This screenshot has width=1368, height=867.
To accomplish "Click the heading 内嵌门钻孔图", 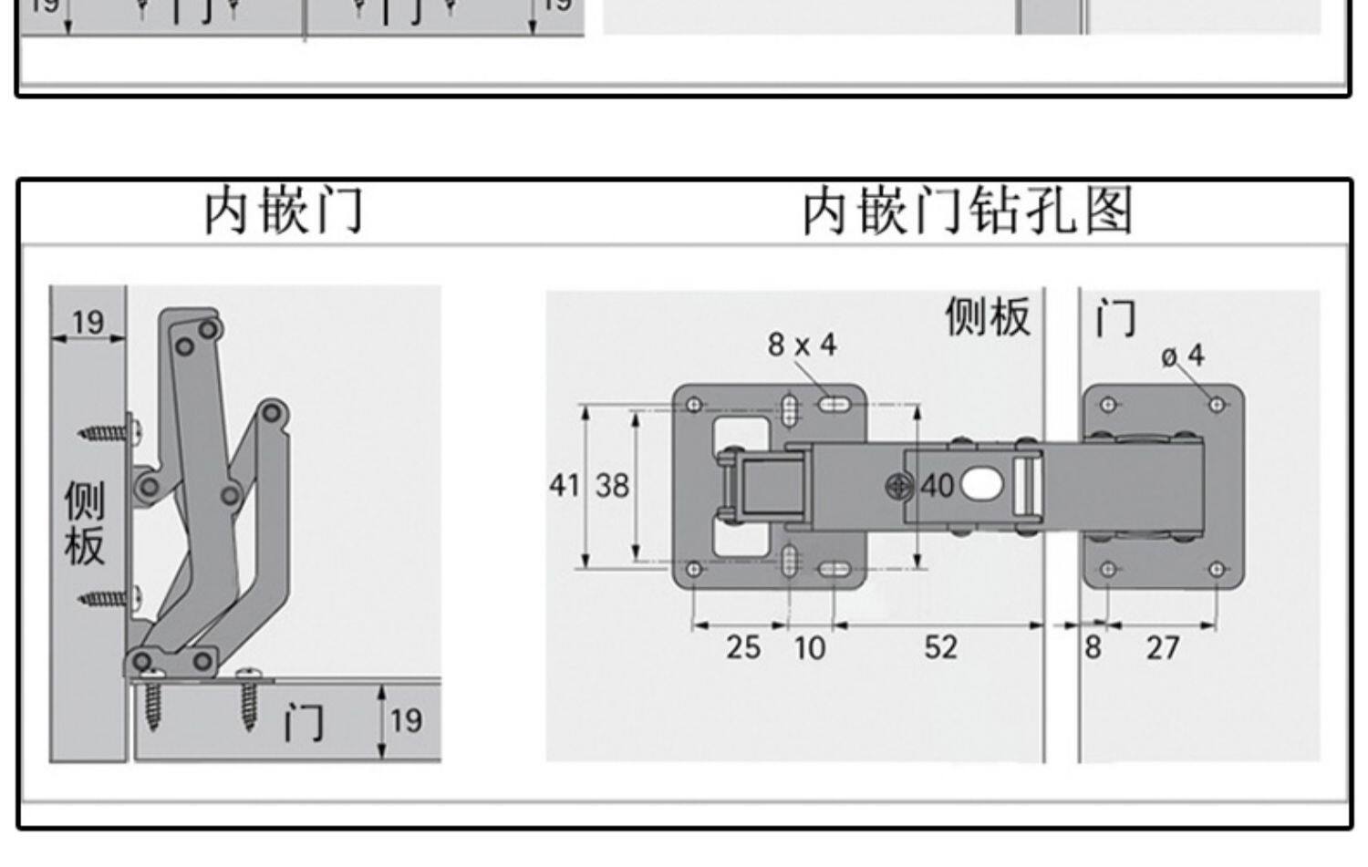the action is (x=968, y=211).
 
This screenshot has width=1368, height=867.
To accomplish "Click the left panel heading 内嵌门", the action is (x=284, y=211).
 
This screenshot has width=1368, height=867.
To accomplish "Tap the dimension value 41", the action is (x=564, y=485).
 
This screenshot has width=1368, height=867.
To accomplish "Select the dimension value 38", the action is (x=612, y=485).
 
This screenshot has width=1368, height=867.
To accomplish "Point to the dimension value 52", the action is (x=940, y=647).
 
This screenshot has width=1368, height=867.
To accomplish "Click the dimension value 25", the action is (x=743, y=647).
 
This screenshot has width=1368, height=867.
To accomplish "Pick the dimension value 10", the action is (x=809, y=648).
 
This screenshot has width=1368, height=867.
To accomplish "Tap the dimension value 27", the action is (x=1163, y=648).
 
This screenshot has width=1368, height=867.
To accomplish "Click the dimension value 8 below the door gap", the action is (x=1093, y=647).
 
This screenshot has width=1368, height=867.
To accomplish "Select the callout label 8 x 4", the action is (x=802, y=345).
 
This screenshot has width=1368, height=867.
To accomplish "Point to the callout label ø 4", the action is (x=1184, y=355).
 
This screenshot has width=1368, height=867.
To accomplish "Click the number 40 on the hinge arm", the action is (x=937, y=486).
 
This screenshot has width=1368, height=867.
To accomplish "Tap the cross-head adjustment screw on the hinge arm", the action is (x=899, y=486).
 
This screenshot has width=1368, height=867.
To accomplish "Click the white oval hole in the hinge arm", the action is (x=980, y=485).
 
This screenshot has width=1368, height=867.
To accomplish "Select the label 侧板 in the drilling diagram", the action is (x=988, y=316).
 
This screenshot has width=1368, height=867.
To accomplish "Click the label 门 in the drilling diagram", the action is (x=1114, y=318).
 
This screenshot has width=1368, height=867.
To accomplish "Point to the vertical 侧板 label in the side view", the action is (x=84, y=523).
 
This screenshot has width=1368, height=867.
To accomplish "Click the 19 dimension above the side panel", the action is (x=88, y=322).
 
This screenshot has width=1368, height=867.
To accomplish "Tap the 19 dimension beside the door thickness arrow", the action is (x=407, y=721).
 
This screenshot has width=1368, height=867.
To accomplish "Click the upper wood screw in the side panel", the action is (x=108, y=431).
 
